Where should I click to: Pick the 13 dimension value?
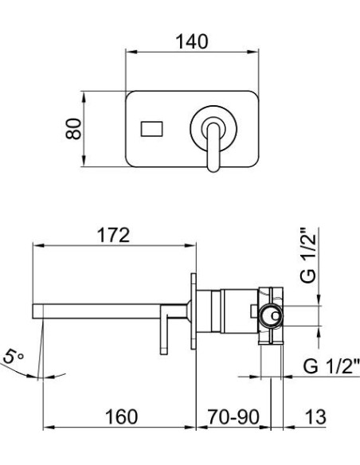pos(315,416)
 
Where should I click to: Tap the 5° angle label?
pos(14,361)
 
